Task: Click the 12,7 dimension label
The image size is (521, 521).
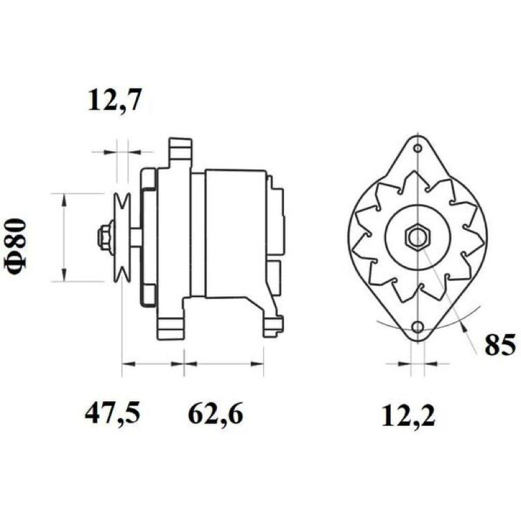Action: click(x=115, y=100)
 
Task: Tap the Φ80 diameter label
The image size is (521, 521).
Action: click(x=15, y=247)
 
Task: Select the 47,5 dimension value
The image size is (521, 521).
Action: click(x=112, y=414)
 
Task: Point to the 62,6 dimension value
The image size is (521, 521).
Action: click(x=216, y=414)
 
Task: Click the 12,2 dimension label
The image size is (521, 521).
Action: click(x=408, y=415)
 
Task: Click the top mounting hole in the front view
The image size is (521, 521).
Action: click(x=418, y=148)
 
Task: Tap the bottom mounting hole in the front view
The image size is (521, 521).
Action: click(x=417, y=327)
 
